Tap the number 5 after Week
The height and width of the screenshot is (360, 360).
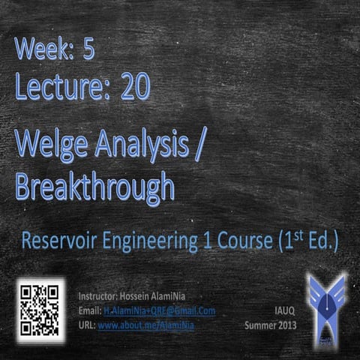89,50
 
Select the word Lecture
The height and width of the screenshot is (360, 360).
57,87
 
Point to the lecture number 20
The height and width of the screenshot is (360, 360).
133,87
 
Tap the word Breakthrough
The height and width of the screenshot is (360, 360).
94,184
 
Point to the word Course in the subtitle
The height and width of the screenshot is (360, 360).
234,242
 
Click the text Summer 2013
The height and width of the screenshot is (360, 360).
271,325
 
